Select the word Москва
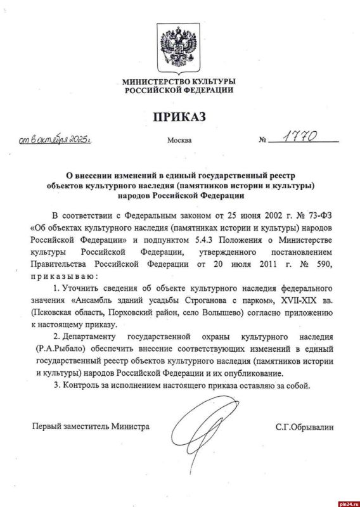179,140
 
